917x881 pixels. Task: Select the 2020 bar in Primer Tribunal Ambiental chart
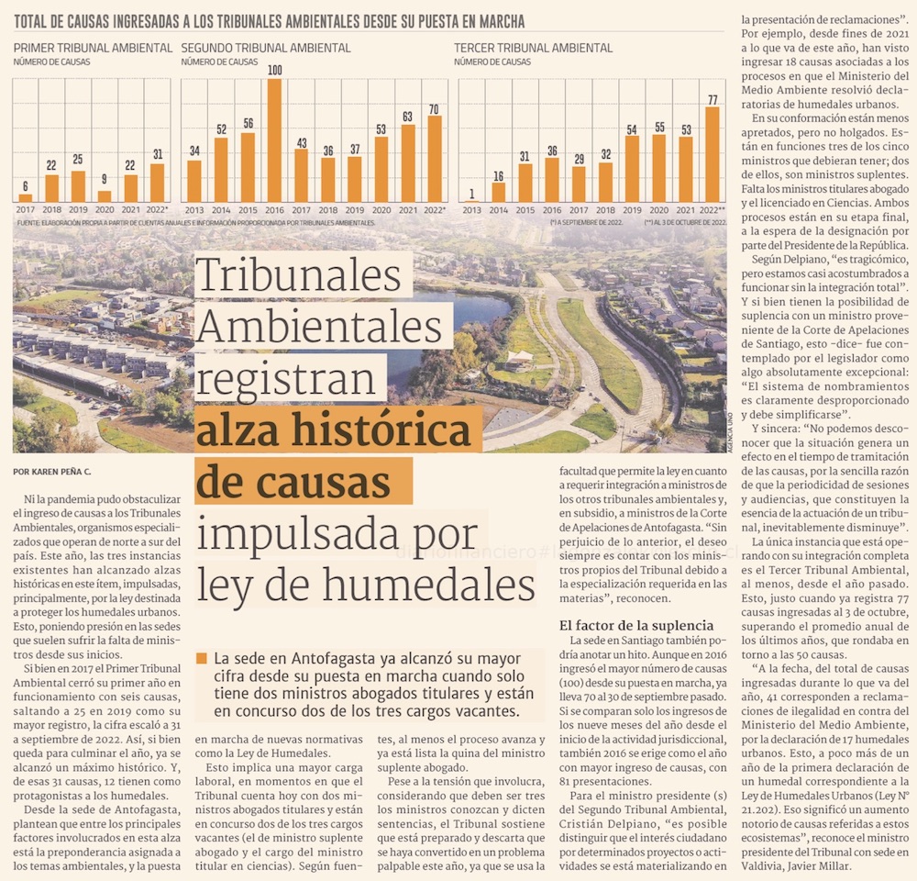(x=105, y=196)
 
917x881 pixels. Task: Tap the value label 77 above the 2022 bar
(x=712, y=99)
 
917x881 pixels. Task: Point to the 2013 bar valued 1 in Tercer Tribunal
(x=471, y=200)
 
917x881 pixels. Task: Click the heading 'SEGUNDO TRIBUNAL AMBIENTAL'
(x=266, y=48)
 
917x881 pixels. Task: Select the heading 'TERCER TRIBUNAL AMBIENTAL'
(x=534, y=48)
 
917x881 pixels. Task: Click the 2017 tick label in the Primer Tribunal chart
(x=25, y=209)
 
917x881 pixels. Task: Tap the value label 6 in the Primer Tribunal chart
(x=25, y=186)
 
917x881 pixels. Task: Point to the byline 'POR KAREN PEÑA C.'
(x=53, y=472)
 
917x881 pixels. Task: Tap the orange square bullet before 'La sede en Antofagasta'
(x=202, y=658)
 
